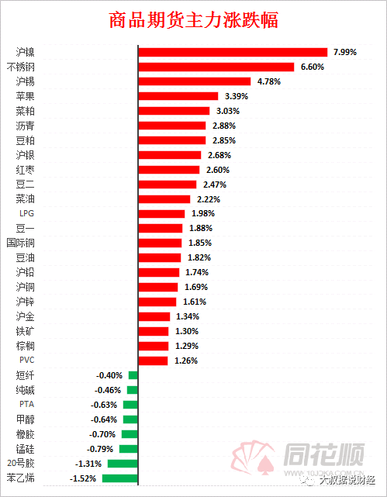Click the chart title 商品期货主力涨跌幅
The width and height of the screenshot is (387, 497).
click(194, 20)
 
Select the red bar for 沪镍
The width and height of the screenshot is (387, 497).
click(233, 52)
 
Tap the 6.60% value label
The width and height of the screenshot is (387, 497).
click(311, 67)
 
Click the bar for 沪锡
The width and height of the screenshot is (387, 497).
click(195, 81)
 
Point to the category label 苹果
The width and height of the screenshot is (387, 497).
click(25, 96)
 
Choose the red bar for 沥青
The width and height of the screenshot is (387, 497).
click(172, 126)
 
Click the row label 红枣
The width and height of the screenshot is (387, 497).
click(25, 169)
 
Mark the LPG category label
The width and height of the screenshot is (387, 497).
click(26, 213)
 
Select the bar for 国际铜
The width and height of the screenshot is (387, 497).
click(160, 243)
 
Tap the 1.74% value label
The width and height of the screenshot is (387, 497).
click(197, 272)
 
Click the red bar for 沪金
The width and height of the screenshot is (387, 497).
click(154, 316)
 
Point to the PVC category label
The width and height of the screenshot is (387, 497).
click(26, 360)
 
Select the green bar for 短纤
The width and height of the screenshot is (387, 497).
click(133, 375)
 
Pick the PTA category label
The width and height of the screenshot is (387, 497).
click(26, 404)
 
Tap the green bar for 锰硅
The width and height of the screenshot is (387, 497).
click(129, 448)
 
